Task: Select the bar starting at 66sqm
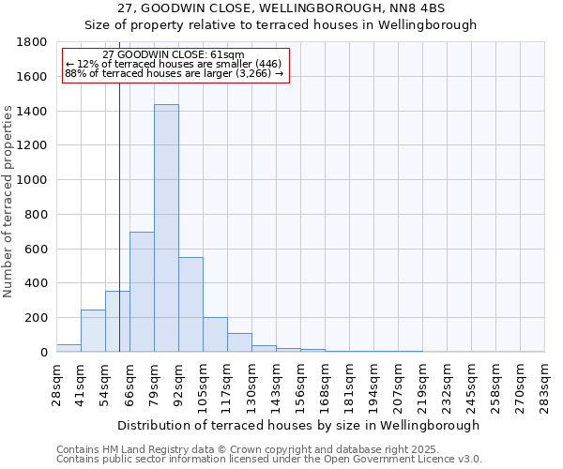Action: click(142, 292)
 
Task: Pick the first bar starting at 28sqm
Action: click(68, 348)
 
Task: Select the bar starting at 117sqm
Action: click(239, 342)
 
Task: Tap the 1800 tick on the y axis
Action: click(34, 42)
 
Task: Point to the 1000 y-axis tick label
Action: click(34, 180)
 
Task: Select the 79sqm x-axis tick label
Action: click(155, 380)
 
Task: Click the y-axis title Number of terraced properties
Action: click(8, 202)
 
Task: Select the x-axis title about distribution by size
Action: click(300, 425)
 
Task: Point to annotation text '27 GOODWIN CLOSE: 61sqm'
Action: click(173, 55)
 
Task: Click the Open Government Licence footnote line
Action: click(269, 460)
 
